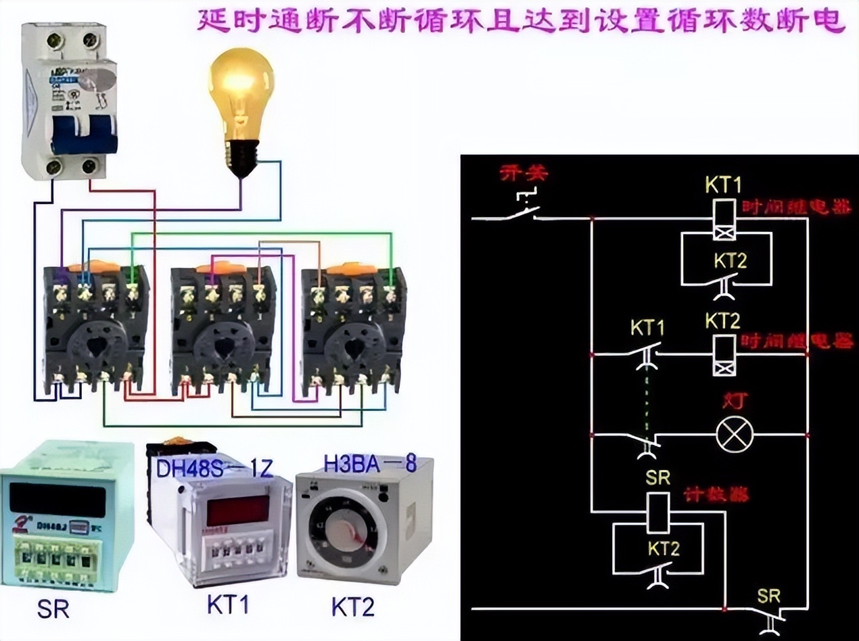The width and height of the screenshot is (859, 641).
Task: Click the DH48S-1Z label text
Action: pyautogui.click(x=216, y=467)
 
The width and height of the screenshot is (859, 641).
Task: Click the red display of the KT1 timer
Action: pyautogui.click(x=237, y=511)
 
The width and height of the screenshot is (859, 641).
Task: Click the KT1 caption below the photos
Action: pyautogui.click(x=228, y=605)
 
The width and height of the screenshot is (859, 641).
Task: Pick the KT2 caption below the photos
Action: pyautogui.click(x=352, y=607)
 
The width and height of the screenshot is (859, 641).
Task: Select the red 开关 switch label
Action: pyautogui.click(x=523, y=174)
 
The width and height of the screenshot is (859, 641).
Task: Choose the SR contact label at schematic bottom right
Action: pyautogui.click(x=768, y=596)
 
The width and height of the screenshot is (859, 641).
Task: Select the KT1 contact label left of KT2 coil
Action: pyautogui.click(x=647, y=329)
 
